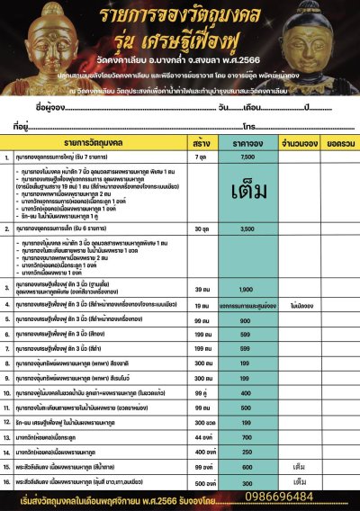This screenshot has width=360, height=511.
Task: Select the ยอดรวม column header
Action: [332, 142]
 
